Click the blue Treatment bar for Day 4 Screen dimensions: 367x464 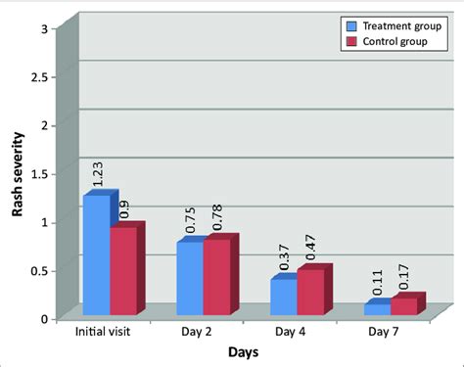tap(283, 298)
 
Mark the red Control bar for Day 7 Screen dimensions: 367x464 tap(403, 306)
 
